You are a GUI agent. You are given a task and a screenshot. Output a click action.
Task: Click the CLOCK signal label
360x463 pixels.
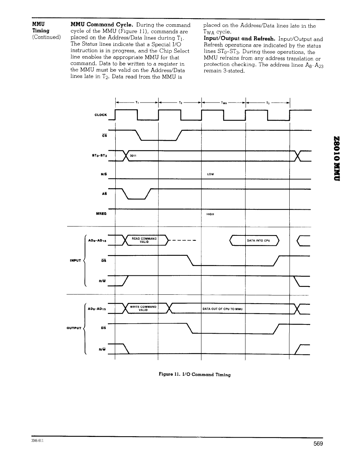[x=101, y=115]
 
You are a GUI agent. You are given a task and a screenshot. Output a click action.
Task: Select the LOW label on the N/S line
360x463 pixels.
[x=210, y=174]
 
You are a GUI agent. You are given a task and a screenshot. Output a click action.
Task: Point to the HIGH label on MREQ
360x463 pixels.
[x=210, y=214]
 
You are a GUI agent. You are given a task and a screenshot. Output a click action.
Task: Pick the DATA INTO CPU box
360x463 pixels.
[x=258, y=240]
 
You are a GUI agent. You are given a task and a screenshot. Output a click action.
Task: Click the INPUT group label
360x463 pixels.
[x=74, y=260]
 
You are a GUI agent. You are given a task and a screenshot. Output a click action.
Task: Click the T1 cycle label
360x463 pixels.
[x=137, y=103]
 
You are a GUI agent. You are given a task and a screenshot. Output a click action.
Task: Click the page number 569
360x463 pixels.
[x=318, y=444]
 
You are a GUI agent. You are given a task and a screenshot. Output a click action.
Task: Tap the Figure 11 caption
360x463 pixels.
[x=195, y=374]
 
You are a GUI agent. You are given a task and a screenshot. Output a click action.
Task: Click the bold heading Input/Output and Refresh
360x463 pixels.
[x=239, y=39]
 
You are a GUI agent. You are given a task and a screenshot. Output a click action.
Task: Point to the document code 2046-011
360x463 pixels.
[x=38, y=441]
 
